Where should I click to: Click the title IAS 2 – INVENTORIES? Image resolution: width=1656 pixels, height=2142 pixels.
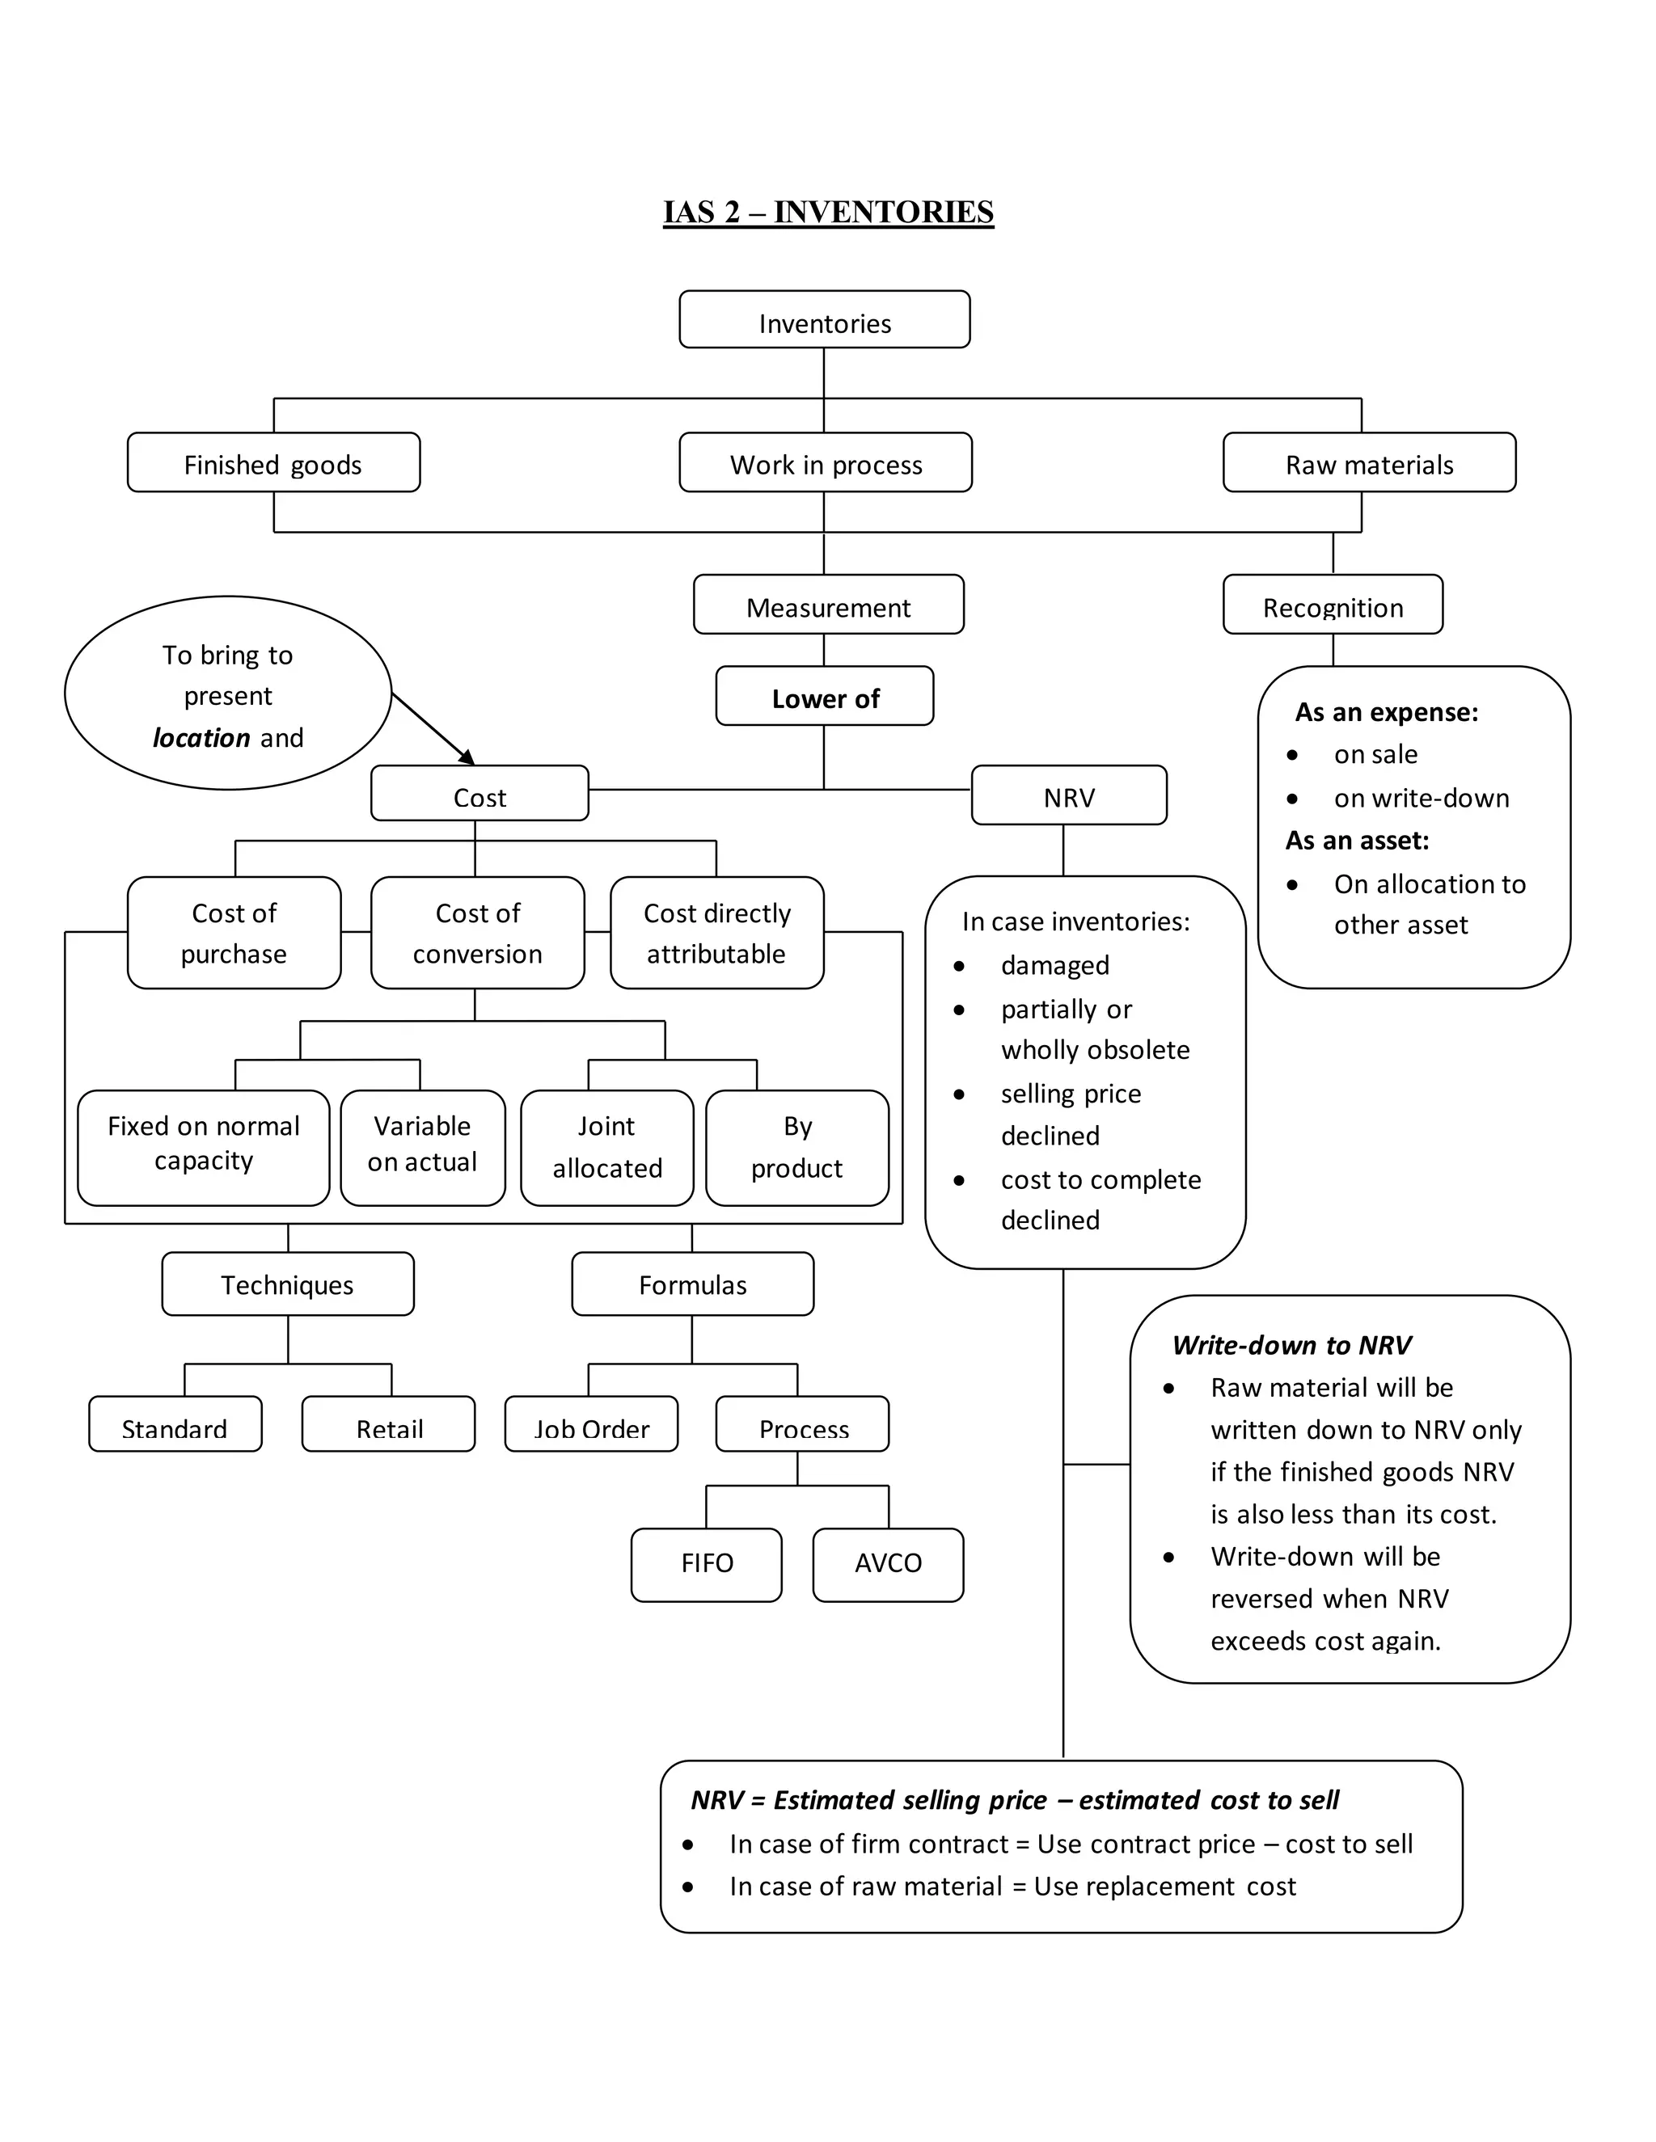click(x=828, y=212)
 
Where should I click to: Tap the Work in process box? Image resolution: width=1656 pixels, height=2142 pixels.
click(x=825, y=463)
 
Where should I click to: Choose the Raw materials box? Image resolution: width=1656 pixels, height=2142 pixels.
click(x=1369, y=463)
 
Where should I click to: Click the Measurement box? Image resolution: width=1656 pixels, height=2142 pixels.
click(x=828, y=605)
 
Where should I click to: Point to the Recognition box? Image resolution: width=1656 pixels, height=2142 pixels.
click(x=1333, y=605)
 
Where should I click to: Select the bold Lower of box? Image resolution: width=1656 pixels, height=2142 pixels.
click(x=824, y=698)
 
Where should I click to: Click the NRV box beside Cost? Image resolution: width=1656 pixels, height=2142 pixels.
click(x=1068, y=795)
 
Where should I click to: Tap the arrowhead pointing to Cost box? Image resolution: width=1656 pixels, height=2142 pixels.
click(x=468, y=757)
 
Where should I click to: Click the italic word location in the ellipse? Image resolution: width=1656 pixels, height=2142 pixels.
click(x=201, y=737)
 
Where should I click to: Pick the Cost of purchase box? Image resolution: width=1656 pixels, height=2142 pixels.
click(x=234, y=933)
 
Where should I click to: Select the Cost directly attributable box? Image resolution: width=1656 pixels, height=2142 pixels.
click(x=716, y=933)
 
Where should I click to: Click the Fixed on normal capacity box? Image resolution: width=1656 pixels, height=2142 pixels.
click(x=203, y=1145)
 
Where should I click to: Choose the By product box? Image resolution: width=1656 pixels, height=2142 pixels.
click(x=796, y=1146)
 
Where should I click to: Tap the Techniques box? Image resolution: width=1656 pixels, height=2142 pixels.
click(x=287, y=1284)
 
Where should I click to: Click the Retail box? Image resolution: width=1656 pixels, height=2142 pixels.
click(x=388, y=1425)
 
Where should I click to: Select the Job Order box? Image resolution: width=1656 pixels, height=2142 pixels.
click(x=590, y=1425)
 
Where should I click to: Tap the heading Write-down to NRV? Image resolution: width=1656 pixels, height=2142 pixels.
click(x=1291, y=1345)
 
